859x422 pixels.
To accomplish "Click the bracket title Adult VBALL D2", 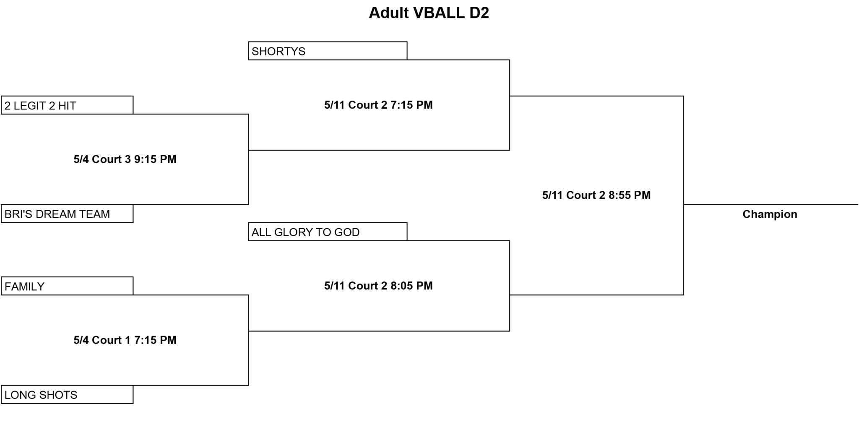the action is point(429,13).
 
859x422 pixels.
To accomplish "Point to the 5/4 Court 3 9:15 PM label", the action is point(125,159).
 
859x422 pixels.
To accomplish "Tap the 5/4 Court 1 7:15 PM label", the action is point(125,340).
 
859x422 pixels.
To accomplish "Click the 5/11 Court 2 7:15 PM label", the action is point(378,105).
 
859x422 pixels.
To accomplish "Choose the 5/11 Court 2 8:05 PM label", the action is point(378,286).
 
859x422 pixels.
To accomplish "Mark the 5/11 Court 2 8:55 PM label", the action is point(596,195).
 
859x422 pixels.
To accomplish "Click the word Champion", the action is point(770,214).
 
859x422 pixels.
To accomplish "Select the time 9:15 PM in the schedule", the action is point(155,159).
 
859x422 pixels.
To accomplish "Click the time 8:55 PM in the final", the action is point(630,195).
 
